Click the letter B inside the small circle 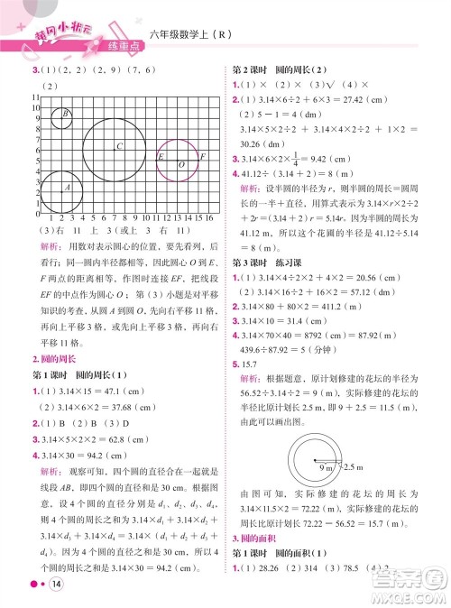[66, 114]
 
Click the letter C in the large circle [120, 145]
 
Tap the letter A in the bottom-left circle [68, 187]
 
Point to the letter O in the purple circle [181, 165]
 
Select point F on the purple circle [204, 157]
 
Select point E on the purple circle [161, 157]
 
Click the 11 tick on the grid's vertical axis [35, 96]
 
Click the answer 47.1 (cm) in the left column [123, 361]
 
